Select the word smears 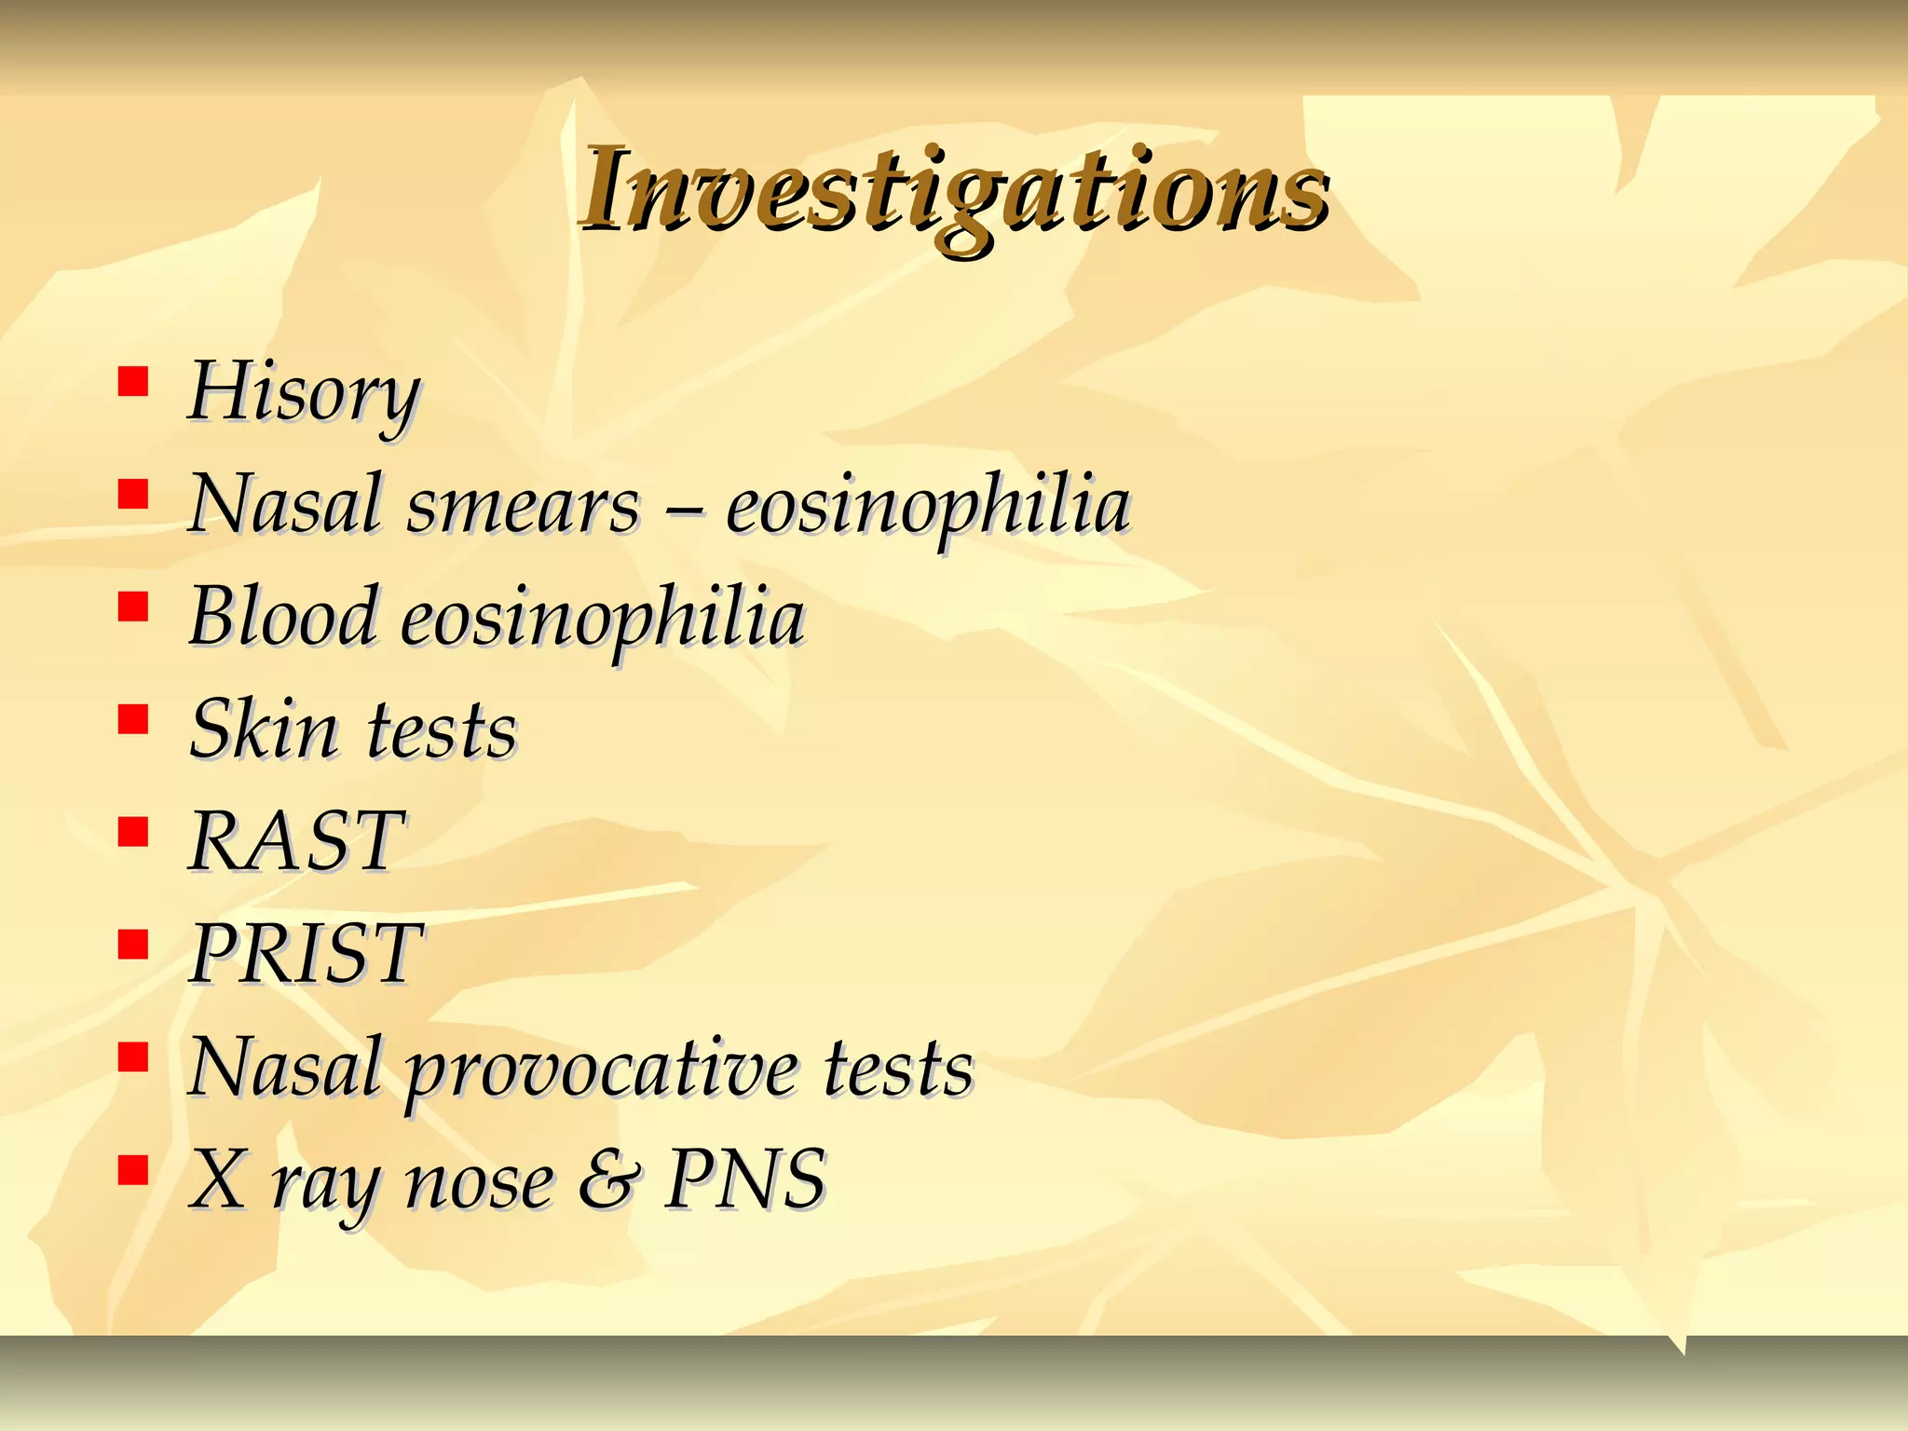click(524, 506)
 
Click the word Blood click(283, 617)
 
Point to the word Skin click(264, 729)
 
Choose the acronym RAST click(296, 842)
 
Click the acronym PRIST click(306, 954)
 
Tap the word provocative click(601, 1070)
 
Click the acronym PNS click(744, 1179)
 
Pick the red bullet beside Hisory click(134, 381)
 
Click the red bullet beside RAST click(134, 831)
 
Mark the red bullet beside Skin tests click(134, 718)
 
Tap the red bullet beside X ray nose click(134, 1169)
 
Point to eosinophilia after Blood click(603, 619)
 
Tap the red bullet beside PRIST click(134, 944)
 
